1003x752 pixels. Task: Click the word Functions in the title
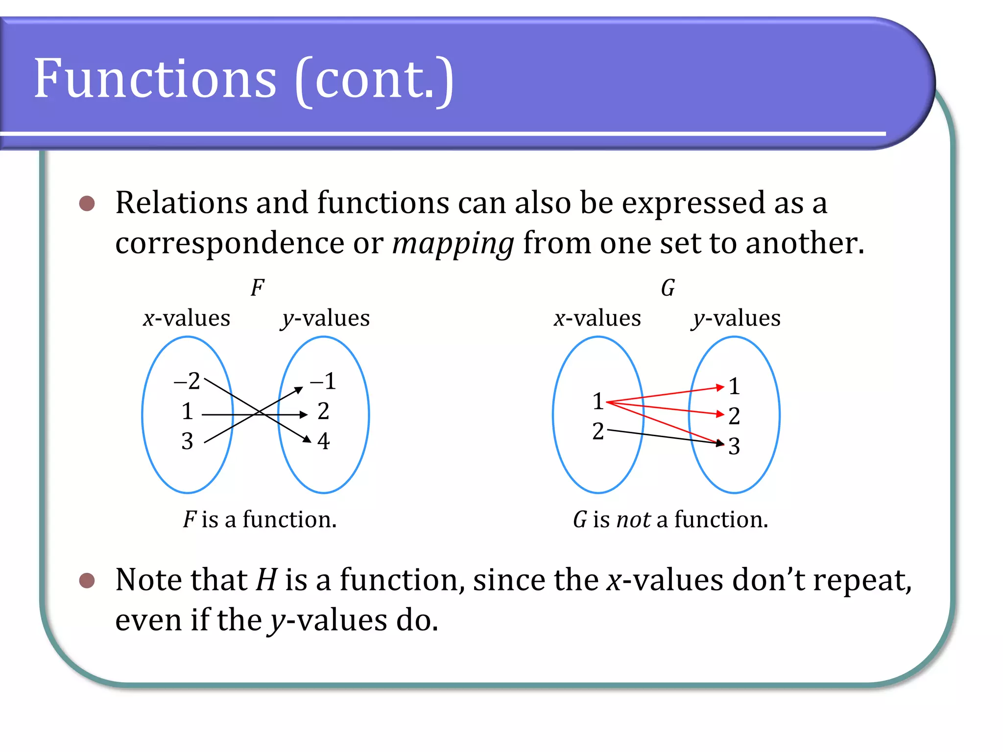point(155,78)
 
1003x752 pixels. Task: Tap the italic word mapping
point(453,243)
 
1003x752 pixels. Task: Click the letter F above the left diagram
point(257,288)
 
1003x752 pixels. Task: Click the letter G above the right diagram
point(668,288)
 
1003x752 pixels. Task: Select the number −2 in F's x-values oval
point(187,381)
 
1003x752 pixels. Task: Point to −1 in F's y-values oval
point(323,381)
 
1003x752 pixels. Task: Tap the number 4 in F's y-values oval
point(323,441)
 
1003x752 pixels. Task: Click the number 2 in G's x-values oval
point(597,431)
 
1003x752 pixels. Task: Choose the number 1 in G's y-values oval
point(734,386)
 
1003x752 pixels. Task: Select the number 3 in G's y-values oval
point(734,446)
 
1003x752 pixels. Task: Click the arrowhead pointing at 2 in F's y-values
point(304,415)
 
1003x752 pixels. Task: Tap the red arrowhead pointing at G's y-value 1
point(720,387)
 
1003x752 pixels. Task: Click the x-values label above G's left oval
point(597,318)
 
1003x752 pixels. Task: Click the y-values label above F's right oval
point(325,318)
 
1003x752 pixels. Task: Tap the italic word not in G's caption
point(634,519)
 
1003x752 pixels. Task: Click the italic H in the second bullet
point(267,580)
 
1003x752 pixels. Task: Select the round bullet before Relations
point(87,203)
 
